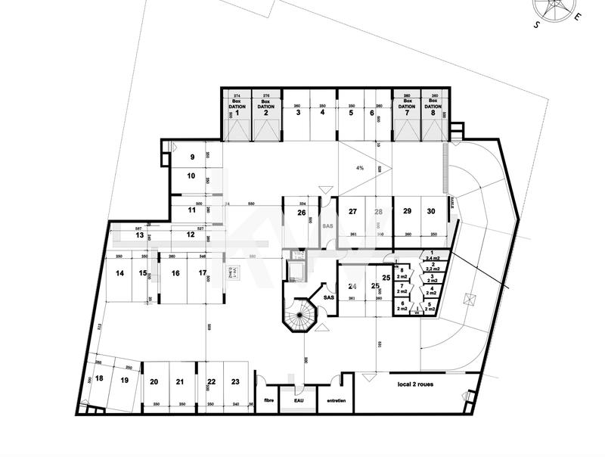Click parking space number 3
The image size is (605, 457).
[x=298, y=113]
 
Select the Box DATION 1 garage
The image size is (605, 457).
[x=237, y=113]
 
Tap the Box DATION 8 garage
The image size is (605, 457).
[x=433, y=113]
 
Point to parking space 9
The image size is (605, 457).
[x=192, y=157]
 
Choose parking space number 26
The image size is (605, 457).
[x=301, y=213]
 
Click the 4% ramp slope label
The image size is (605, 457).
[x=360, y=168]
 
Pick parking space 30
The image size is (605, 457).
[x=431, y=211]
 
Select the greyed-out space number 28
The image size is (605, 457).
[x=379, y=212]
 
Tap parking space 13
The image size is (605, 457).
[x=140, y=235]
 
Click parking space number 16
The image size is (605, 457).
[x=175, y=273]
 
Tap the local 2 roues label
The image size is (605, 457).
[x=420, y=384]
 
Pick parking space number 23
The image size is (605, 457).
[x=235, y=382]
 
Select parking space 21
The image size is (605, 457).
[x=180, y=382]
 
